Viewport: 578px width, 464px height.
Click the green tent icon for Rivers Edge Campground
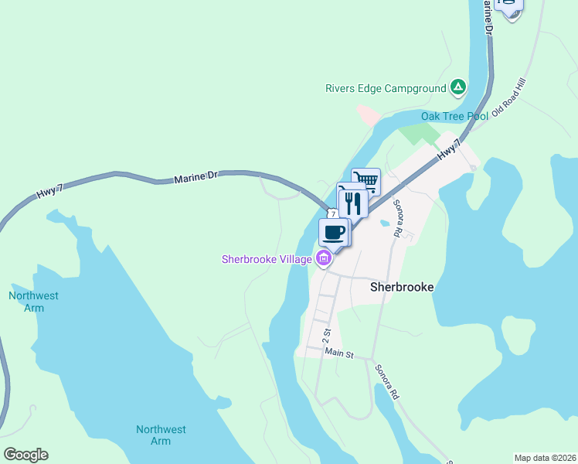458,87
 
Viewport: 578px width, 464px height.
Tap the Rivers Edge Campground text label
386,88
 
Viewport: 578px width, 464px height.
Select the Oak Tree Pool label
454,116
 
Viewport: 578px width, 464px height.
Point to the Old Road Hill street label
508,97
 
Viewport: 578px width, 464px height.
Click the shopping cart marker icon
366,182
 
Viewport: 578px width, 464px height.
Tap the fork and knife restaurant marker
352,203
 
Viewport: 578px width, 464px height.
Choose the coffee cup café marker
334,232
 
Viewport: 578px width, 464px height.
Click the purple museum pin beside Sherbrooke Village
324,258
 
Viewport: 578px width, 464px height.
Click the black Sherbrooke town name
402,286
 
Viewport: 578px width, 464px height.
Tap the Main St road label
338,354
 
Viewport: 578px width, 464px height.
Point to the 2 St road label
326,336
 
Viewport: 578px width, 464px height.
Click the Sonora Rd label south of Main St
386,382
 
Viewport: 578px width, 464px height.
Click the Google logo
25,455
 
